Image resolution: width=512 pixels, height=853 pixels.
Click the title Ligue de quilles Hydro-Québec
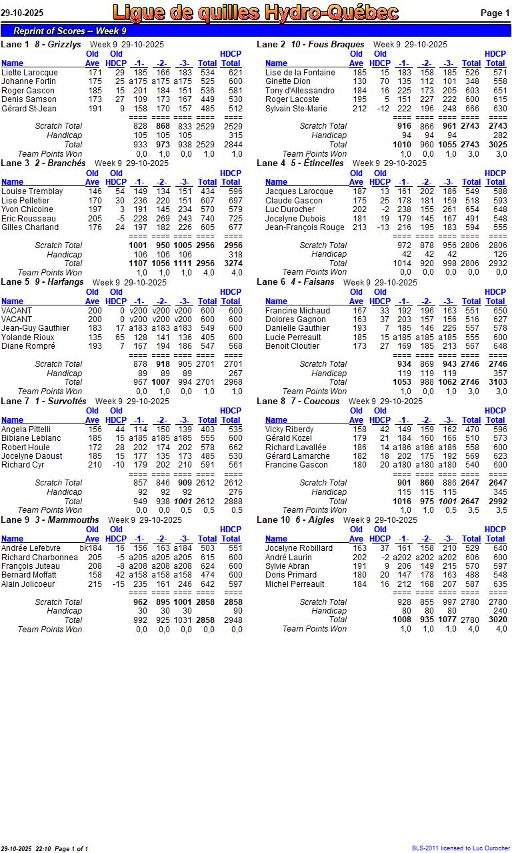[255, 13]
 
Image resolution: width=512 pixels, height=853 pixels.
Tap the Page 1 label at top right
[495, 13]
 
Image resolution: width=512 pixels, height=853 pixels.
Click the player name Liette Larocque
[29, 73]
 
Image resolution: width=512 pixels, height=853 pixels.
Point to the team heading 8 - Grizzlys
[58, 45]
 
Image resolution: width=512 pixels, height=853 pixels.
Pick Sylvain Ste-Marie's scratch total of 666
[472, 109]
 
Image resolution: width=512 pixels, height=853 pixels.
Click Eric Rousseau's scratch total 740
[207, 219]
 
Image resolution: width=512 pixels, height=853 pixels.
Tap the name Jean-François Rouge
[305, 227]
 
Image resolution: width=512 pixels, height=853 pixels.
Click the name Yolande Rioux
[28, 337]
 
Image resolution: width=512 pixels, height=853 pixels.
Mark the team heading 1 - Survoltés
[61, 401]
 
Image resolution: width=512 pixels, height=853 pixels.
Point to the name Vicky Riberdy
[289, 430]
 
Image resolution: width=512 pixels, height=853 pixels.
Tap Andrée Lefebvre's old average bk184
[91, 548]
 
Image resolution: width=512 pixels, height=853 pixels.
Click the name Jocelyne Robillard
[299, 548]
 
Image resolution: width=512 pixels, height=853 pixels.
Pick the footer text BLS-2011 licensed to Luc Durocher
[461, 848]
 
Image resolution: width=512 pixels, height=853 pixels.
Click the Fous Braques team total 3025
[496, 145]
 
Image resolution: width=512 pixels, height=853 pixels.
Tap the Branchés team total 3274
[231, 263]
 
